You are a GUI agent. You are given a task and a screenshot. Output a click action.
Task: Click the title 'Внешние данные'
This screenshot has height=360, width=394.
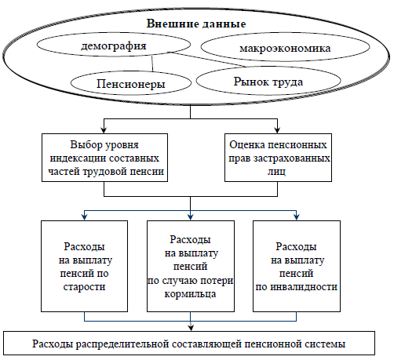196,24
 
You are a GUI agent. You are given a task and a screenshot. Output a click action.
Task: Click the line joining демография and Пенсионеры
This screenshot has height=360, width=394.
152,64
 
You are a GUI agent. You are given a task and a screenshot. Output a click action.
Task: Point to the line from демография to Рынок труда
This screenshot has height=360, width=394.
208,60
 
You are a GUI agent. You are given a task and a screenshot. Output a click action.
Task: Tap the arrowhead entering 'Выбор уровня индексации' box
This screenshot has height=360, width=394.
104,130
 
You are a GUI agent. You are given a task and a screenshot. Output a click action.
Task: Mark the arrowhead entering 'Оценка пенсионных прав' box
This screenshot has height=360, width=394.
277,130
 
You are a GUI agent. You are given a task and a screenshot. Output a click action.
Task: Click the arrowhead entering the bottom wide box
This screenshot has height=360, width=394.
191,328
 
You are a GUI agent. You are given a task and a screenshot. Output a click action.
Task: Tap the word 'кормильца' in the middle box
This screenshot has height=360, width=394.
190,294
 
